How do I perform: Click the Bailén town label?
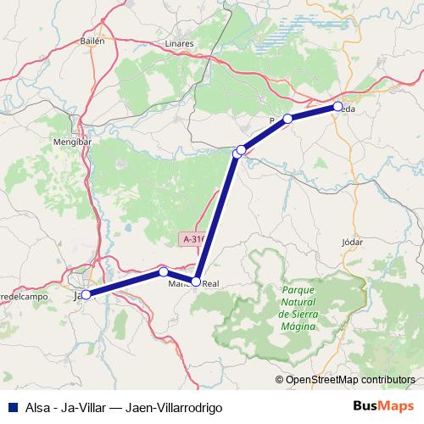(x=92, y=40)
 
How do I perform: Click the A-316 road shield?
(x=194, y=240)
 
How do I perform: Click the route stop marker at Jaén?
(x=86, y=294)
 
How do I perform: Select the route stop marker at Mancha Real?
(x=196, y=282)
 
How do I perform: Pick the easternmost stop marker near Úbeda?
(x=338, y=107)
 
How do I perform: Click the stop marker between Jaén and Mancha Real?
(x=163, y=272)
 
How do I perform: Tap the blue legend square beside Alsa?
(x=10, y=407)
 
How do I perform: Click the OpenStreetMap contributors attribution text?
(x=351, y=380)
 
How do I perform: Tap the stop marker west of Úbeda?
(x=288, y=119)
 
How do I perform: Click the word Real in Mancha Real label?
(x=211, y=283)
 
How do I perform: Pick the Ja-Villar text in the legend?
(x=80, y=407)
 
